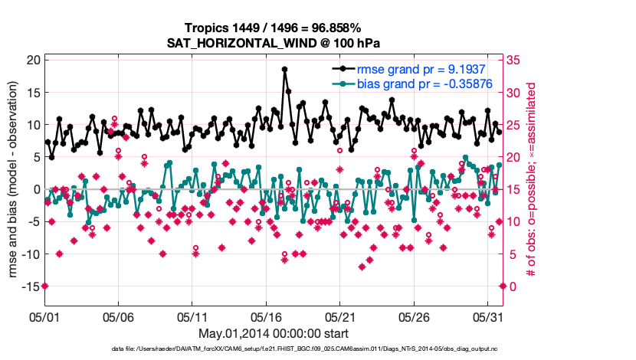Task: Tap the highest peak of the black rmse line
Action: point(284,69)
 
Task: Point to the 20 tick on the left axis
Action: point(33,60)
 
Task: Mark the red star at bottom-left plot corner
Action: point(44,286)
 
